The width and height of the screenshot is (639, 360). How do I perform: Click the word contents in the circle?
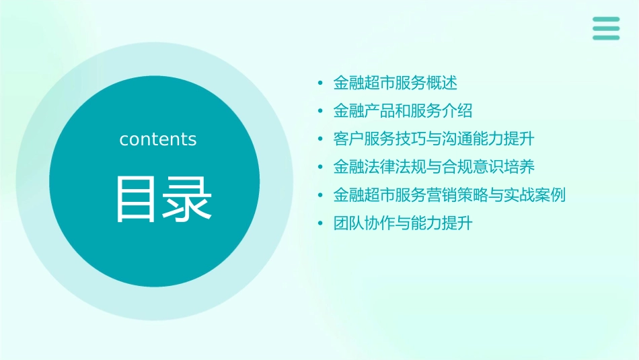[x=158, y=139]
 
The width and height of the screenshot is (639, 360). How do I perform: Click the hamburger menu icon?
[x=606, y=28]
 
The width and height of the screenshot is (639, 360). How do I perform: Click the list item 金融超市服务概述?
[x=396, y=83]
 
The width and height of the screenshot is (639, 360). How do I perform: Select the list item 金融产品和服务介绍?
[x=403, y=110]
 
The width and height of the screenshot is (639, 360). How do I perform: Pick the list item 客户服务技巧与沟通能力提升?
[x=434, y=139]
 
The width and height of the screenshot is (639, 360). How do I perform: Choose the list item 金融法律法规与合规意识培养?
[x=434, y=166]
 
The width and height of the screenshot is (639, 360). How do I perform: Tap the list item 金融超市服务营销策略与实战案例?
[x=449, y=194]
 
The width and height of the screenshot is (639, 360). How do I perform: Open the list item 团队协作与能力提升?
[x=403, y=223]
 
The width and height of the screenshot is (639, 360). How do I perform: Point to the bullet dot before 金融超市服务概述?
[x=321, y=83]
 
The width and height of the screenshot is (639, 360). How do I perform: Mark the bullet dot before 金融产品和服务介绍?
[x=321, y=111]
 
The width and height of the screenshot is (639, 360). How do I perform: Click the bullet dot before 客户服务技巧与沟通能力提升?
[x=321, y=139]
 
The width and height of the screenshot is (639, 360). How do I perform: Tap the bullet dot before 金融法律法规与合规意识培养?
[x=321, y=167]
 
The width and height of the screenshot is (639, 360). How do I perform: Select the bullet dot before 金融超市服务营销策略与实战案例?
[x=321, y=195]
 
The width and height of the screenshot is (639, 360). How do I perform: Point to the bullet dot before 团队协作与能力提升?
[x=321, y=223]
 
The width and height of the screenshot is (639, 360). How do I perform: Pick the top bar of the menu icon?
[x=606, y=20]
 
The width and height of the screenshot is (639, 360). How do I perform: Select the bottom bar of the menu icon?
[x=606, y=38]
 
